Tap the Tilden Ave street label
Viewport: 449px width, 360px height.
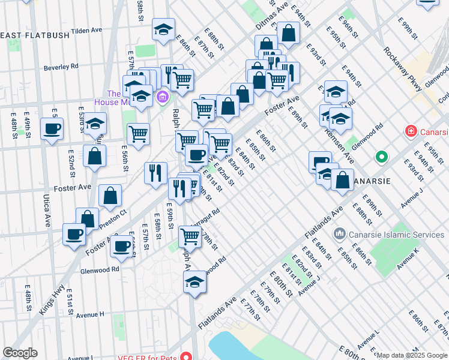(x=88, y=30)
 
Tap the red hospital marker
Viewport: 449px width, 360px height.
(x=411, y=131)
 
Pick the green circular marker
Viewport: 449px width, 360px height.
(x=381, y=158)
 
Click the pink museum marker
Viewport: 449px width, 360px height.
(x=161, y=96)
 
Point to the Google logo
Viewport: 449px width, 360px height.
(x=20, y=353)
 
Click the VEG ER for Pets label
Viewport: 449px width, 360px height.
(x=143, y=356)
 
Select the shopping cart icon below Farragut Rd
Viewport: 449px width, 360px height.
(x=190, y=237)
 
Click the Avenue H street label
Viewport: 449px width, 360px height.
(x=90, y=314)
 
